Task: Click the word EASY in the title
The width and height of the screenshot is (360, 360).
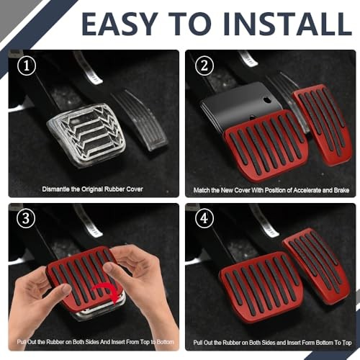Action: pos(120,24)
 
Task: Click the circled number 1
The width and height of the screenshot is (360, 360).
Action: pos(27,66)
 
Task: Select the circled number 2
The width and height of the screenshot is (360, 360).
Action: pos(204,66)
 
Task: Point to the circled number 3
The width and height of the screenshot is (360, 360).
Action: pos(26,218)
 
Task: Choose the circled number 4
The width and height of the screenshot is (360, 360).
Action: pos(204,218)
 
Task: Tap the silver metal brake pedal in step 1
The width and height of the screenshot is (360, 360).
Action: pos(86,135)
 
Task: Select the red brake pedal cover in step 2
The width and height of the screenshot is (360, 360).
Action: pos(266,145)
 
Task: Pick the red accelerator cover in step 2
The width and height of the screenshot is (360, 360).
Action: pos(323,124)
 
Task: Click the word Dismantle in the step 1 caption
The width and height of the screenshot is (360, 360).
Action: pos(56,189)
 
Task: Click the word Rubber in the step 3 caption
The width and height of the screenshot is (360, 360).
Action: pos(55,342)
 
